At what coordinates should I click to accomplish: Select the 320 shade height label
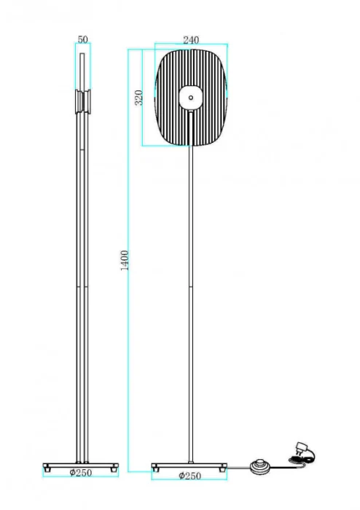[138, 98]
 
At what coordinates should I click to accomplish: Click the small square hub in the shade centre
[190, 96]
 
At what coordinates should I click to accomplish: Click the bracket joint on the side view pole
[82, 102]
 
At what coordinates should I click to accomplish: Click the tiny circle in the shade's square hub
[190, 96]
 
